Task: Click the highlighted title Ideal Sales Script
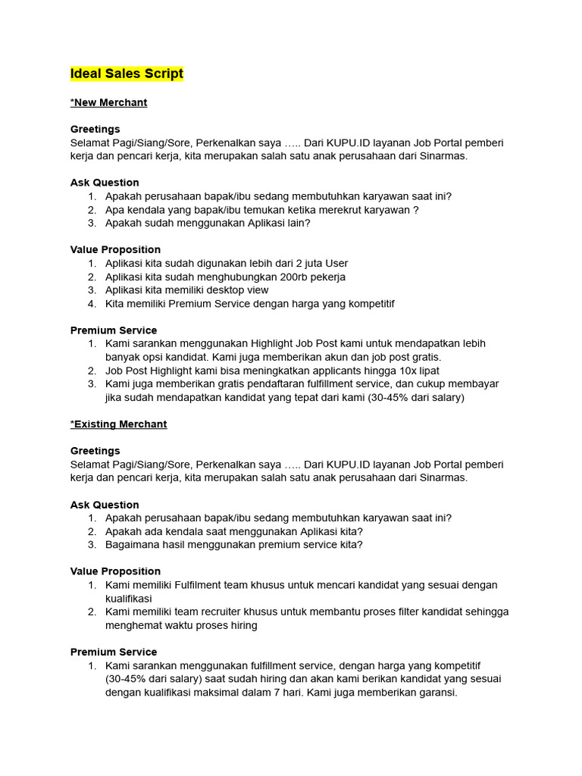pyautogui.click(x=127, y=74)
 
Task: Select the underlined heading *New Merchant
pyautogui.click(x=108, y=102)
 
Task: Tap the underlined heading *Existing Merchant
pyautogui.click(x=118, y=424)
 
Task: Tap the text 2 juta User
pyautogui.click(x=320, y=263)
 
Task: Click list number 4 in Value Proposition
pyautogui.click(x=91, y=304)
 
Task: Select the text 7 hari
pyautogui.click(x=286, y=693)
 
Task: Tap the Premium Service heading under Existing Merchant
pyautogui.click(x=114, y=652)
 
